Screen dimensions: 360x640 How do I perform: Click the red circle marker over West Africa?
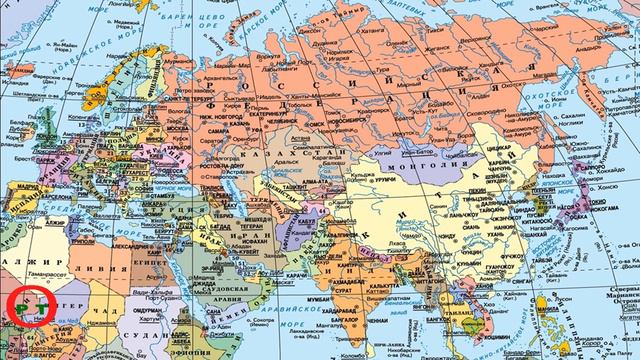click(27, 306)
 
